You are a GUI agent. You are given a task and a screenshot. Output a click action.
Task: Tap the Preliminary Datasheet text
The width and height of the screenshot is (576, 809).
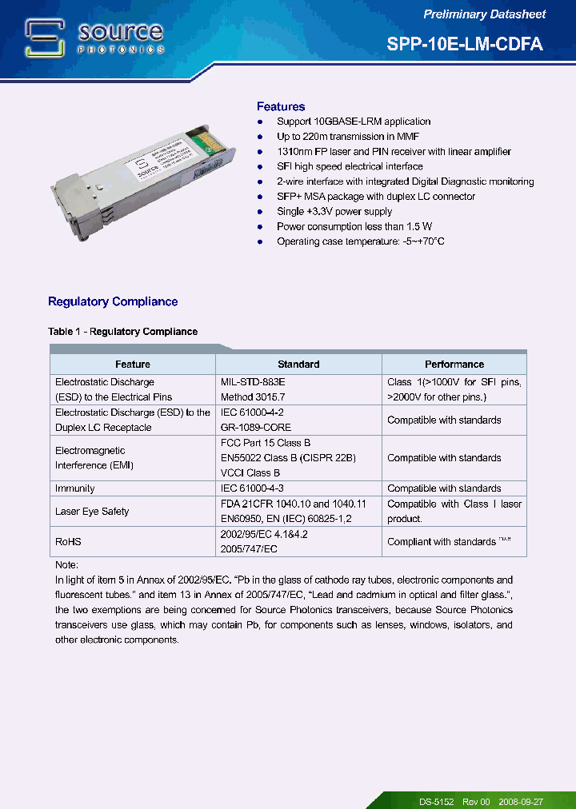(484, 14)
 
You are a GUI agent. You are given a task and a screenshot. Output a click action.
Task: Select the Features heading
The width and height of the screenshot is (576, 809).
(280, 106)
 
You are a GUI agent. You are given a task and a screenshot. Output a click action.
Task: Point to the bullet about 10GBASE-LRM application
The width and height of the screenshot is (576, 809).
(353, 122)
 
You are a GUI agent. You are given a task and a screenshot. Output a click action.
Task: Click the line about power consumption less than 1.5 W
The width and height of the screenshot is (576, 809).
(354, 226)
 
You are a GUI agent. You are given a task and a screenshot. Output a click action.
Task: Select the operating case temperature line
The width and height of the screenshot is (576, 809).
(360, 241)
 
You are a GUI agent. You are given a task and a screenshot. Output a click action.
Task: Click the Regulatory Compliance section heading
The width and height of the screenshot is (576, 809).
(113, 301)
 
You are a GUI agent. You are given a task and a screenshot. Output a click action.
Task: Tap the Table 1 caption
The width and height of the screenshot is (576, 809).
(122, 331)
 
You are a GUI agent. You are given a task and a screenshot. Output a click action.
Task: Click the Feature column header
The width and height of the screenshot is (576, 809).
(132, 365)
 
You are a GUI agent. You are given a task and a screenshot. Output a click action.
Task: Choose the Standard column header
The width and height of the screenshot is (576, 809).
(298, 365)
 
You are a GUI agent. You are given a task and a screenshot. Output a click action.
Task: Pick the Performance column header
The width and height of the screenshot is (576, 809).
(454, 365)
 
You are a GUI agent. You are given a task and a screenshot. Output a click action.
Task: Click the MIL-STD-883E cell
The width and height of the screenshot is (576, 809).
(252, 382)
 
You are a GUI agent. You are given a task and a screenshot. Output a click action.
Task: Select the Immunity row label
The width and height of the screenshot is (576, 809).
(74, 488)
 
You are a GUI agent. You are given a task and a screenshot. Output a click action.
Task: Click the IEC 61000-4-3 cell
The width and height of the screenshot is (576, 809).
(252, 488)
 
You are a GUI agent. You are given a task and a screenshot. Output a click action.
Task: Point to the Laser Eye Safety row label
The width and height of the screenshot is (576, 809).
(91, 512)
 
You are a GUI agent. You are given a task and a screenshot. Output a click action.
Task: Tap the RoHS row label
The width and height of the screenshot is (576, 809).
(68, 542)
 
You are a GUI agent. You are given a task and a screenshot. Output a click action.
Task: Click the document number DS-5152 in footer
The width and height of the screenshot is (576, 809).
(436, 801)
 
